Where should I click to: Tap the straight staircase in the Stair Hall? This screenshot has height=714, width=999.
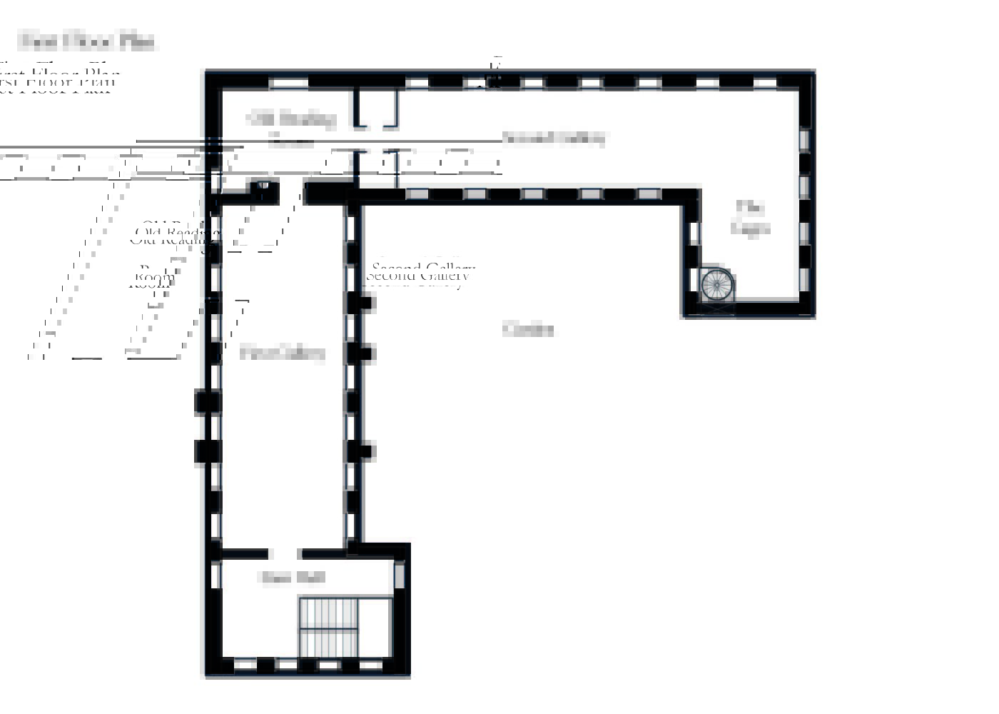coord(328,628)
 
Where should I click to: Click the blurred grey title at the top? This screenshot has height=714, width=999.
coord(87,41)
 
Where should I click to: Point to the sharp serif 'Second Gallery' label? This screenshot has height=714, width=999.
coord(420,274)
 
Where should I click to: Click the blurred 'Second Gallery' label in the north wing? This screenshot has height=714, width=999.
coord(554,138)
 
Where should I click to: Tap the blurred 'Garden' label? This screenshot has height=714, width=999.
coord(528,329)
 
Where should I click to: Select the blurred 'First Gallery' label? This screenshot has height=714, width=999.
coord(283,352)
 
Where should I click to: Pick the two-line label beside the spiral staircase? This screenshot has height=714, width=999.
coord(751,218)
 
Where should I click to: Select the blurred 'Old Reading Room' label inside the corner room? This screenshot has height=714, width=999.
coord(291,127)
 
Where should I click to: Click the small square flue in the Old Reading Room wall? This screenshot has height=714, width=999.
coord(263,186)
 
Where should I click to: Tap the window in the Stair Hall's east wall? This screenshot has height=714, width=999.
coord(400,575)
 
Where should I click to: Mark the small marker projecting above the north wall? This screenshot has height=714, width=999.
coord(495,71)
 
